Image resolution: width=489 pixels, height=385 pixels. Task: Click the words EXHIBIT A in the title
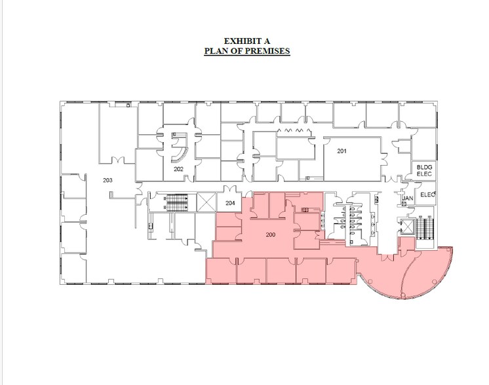coord(246,41)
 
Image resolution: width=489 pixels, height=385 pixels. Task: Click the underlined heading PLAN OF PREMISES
coord(246,50)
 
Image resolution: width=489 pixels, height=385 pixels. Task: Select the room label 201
coord(342,152)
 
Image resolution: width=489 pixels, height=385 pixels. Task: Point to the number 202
coord(178,169)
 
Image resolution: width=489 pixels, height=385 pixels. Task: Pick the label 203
coord(108,180)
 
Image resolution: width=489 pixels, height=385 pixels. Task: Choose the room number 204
coord(229,203)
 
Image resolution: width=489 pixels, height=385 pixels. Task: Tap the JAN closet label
coord(406,196)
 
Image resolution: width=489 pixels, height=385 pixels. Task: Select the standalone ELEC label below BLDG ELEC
coord(427,194)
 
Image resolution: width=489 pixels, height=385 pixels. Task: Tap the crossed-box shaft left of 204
coord(206,202)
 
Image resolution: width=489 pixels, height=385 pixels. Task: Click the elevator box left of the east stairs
coord(406,227)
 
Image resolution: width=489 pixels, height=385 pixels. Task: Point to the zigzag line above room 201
coord(290,131)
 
